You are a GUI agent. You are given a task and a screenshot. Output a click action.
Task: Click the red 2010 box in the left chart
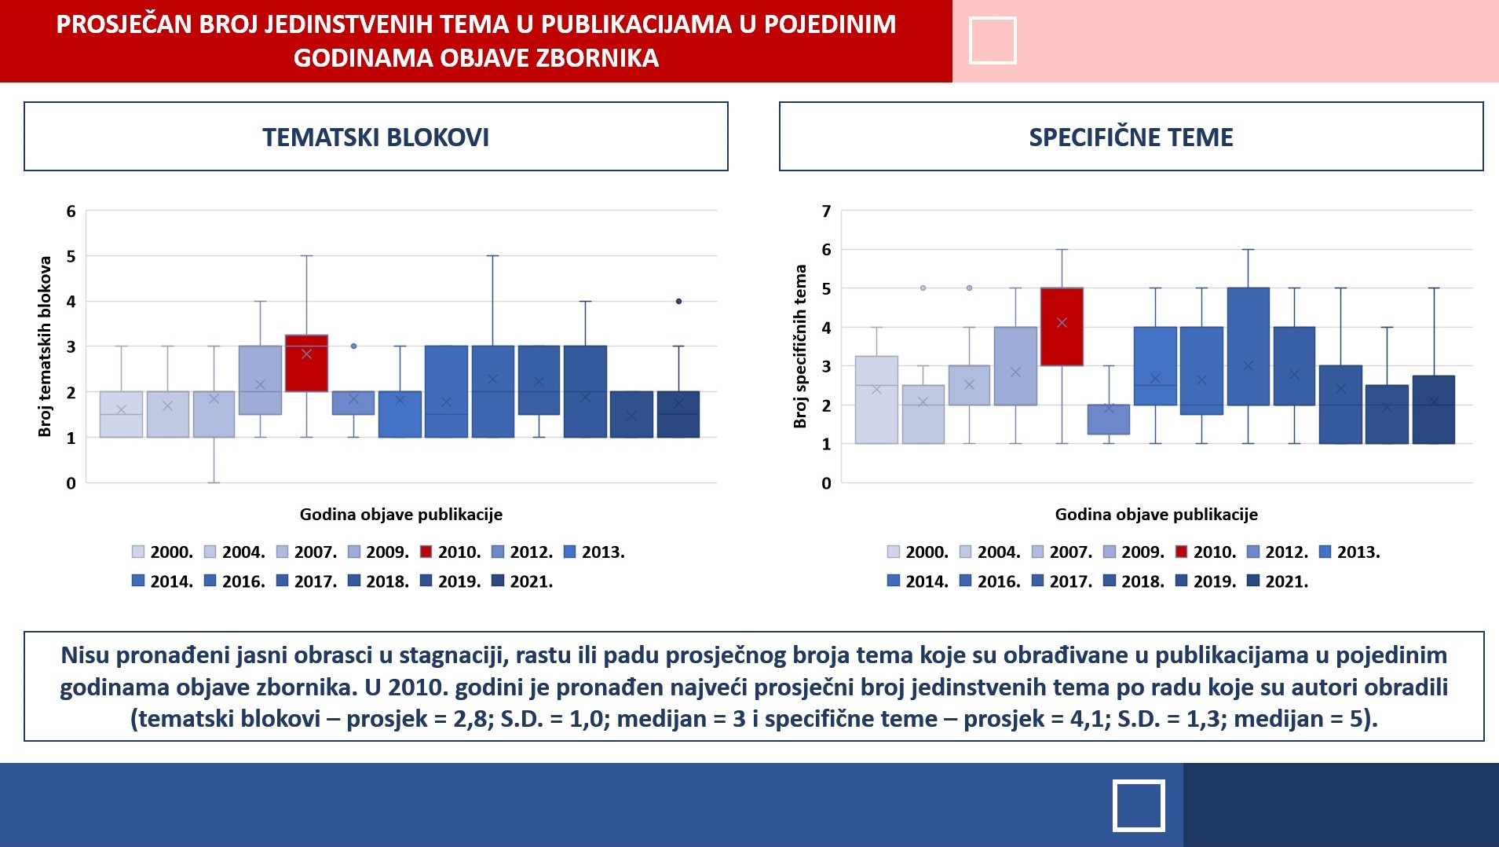tap(306, 363)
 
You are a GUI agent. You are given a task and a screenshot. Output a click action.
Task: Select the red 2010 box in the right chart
tap(1062, 327)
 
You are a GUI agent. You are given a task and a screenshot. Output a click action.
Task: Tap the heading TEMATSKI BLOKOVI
tap(375, 137)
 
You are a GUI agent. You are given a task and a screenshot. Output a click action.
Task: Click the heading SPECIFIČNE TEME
tap(1131, 137)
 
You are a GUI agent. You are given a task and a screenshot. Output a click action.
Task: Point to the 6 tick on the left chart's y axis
tap(71, 211)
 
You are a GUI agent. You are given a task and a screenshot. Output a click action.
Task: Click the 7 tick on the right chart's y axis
tap(826, 211)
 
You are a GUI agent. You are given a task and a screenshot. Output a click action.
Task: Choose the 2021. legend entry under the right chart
tap(1278, 581)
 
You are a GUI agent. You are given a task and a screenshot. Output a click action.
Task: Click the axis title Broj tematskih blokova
tap(45, 346)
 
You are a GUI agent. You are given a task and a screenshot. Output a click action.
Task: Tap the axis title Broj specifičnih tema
tap(800, 346)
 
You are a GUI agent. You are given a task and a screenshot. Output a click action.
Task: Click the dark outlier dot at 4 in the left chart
tap(678, 301)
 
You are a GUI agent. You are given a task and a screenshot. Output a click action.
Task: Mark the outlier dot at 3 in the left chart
tap(353, 346)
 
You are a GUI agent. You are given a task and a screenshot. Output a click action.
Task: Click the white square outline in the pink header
tap(993, 40)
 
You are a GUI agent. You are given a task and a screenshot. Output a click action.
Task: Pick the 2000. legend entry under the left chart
tap(163, 552)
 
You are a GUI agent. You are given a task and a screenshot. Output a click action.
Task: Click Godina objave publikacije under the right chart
tap(1156, 515)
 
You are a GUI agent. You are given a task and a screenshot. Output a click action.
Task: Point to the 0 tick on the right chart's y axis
tap(826, 484)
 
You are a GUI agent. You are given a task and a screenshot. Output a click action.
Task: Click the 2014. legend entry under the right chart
tap(918, 581)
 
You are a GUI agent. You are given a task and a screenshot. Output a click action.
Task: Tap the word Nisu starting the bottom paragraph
tap(85, 655)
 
